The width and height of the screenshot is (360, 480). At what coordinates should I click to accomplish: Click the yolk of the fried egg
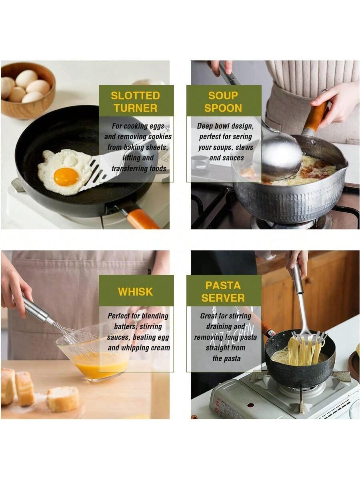(66, 177)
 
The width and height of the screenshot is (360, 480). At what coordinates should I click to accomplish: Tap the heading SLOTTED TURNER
(135, 102)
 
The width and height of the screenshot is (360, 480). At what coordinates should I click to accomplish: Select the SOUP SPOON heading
(223, 102)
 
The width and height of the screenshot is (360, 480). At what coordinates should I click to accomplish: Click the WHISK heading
(135, 292)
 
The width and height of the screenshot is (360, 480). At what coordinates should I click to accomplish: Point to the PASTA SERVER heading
(223, 292)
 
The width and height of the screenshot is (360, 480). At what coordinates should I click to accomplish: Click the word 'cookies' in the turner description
(160, 137)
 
